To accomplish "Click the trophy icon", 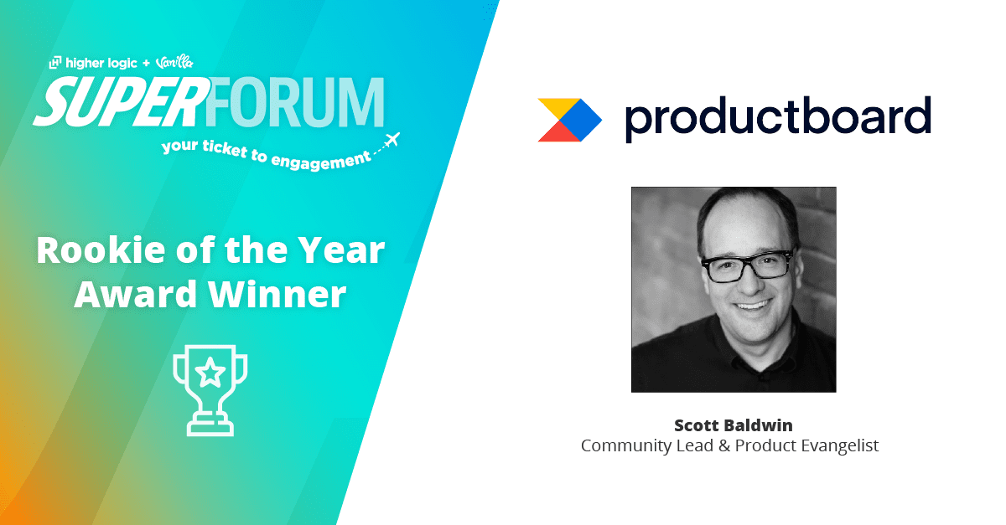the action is click(210, 390).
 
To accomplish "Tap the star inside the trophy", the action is click(210, 373).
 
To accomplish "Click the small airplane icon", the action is click(392, 140).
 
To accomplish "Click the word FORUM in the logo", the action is click(295, 102).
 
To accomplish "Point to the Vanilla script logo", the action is click(174, 62).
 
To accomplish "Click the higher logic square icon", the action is click(54, 62).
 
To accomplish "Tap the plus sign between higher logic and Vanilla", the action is click(146, 64).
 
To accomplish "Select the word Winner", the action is click(277, 295).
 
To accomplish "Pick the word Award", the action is click(136, 295).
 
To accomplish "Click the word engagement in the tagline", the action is click(321, 161).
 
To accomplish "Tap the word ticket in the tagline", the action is click(225, 148).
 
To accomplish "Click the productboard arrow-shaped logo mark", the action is click(569, 120).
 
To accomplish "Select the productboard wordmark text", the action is click(778, 118).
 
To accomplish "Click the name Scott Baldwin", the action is click(734, 425).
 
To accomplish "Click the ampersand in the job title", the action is click(724, 445).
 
